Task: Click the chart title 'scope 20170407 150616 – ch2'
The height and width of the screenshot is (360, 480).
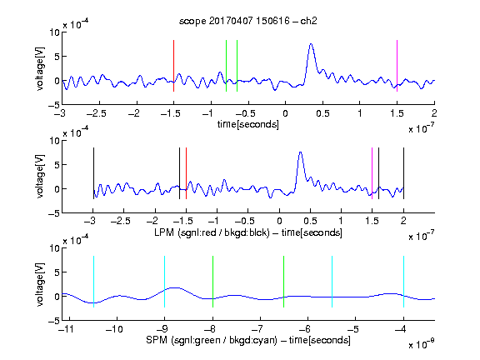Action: [x=248, y=21]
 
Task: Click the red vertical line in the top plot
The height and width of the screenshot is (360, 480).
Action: [x=173, y=66]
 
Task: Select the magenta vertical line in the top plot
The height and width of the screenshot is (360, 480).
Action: [x=397, y=66]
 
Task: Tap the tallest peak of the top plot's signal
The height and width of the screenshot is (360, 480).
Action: [x=311, y=44]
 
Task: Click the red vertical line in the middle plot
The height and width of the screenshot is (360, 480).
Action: [x=186, y=173]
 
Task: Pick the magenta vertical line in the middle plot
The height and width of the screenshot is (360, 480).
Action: [x=372, y=173]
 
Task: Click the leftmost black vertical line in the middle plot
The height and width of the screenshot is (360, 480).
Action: [x=93, y=173]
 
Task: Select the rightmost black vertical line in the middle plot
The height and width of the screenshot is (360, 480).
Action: [x=403, y=173]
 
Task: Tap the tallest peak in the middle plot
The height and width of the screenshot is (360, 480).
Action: [x=301, y=152]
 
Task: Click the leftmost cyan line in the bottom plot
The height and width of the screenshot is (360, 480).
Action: [x=93, y=282]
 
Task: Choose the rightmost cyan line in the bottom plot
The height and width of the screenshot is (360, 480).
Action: [x=403, y=282]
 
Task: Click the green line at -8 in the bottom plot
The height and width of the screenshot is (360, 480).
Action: [x=212, y=282]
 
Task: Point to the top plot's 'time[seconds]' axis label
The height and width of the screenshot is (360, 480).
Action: [x=248, y=124]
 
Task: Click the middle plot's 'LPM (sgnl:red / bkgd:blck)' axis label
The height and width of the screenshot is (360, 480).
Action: [x=212, y=232]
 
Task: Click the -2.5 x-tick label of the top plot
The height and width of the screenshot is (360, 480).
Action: [x=96, y=113]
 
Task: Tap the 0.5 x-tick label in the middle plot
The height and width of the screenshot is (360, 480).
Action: [x=310, y=221]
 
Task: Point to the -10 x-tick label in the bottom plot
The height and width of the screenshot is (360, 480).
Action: [x=114, y=329]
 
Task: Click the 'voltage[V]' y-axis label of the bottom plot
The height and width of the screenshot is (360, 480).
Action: [x=40, y=284]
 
